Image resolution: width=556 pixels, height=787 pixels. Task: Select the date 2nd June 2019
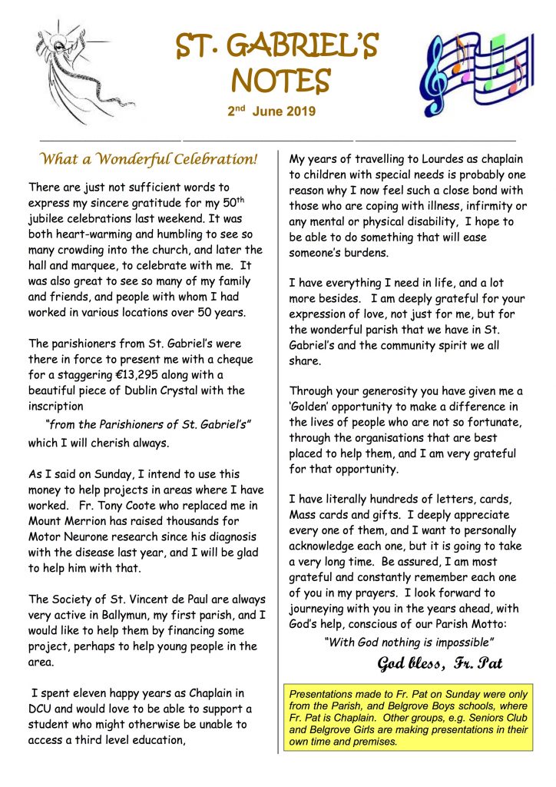tap(272, 111)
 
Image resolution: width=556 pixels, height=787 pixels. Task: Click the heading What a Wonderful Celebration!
tap(148, 160)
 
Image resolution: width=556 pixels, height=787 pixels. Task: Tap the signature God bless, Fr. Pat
tap(440, 662)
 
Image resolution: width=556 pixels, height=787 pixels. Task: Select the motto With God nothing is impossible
tap(409, 642)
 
